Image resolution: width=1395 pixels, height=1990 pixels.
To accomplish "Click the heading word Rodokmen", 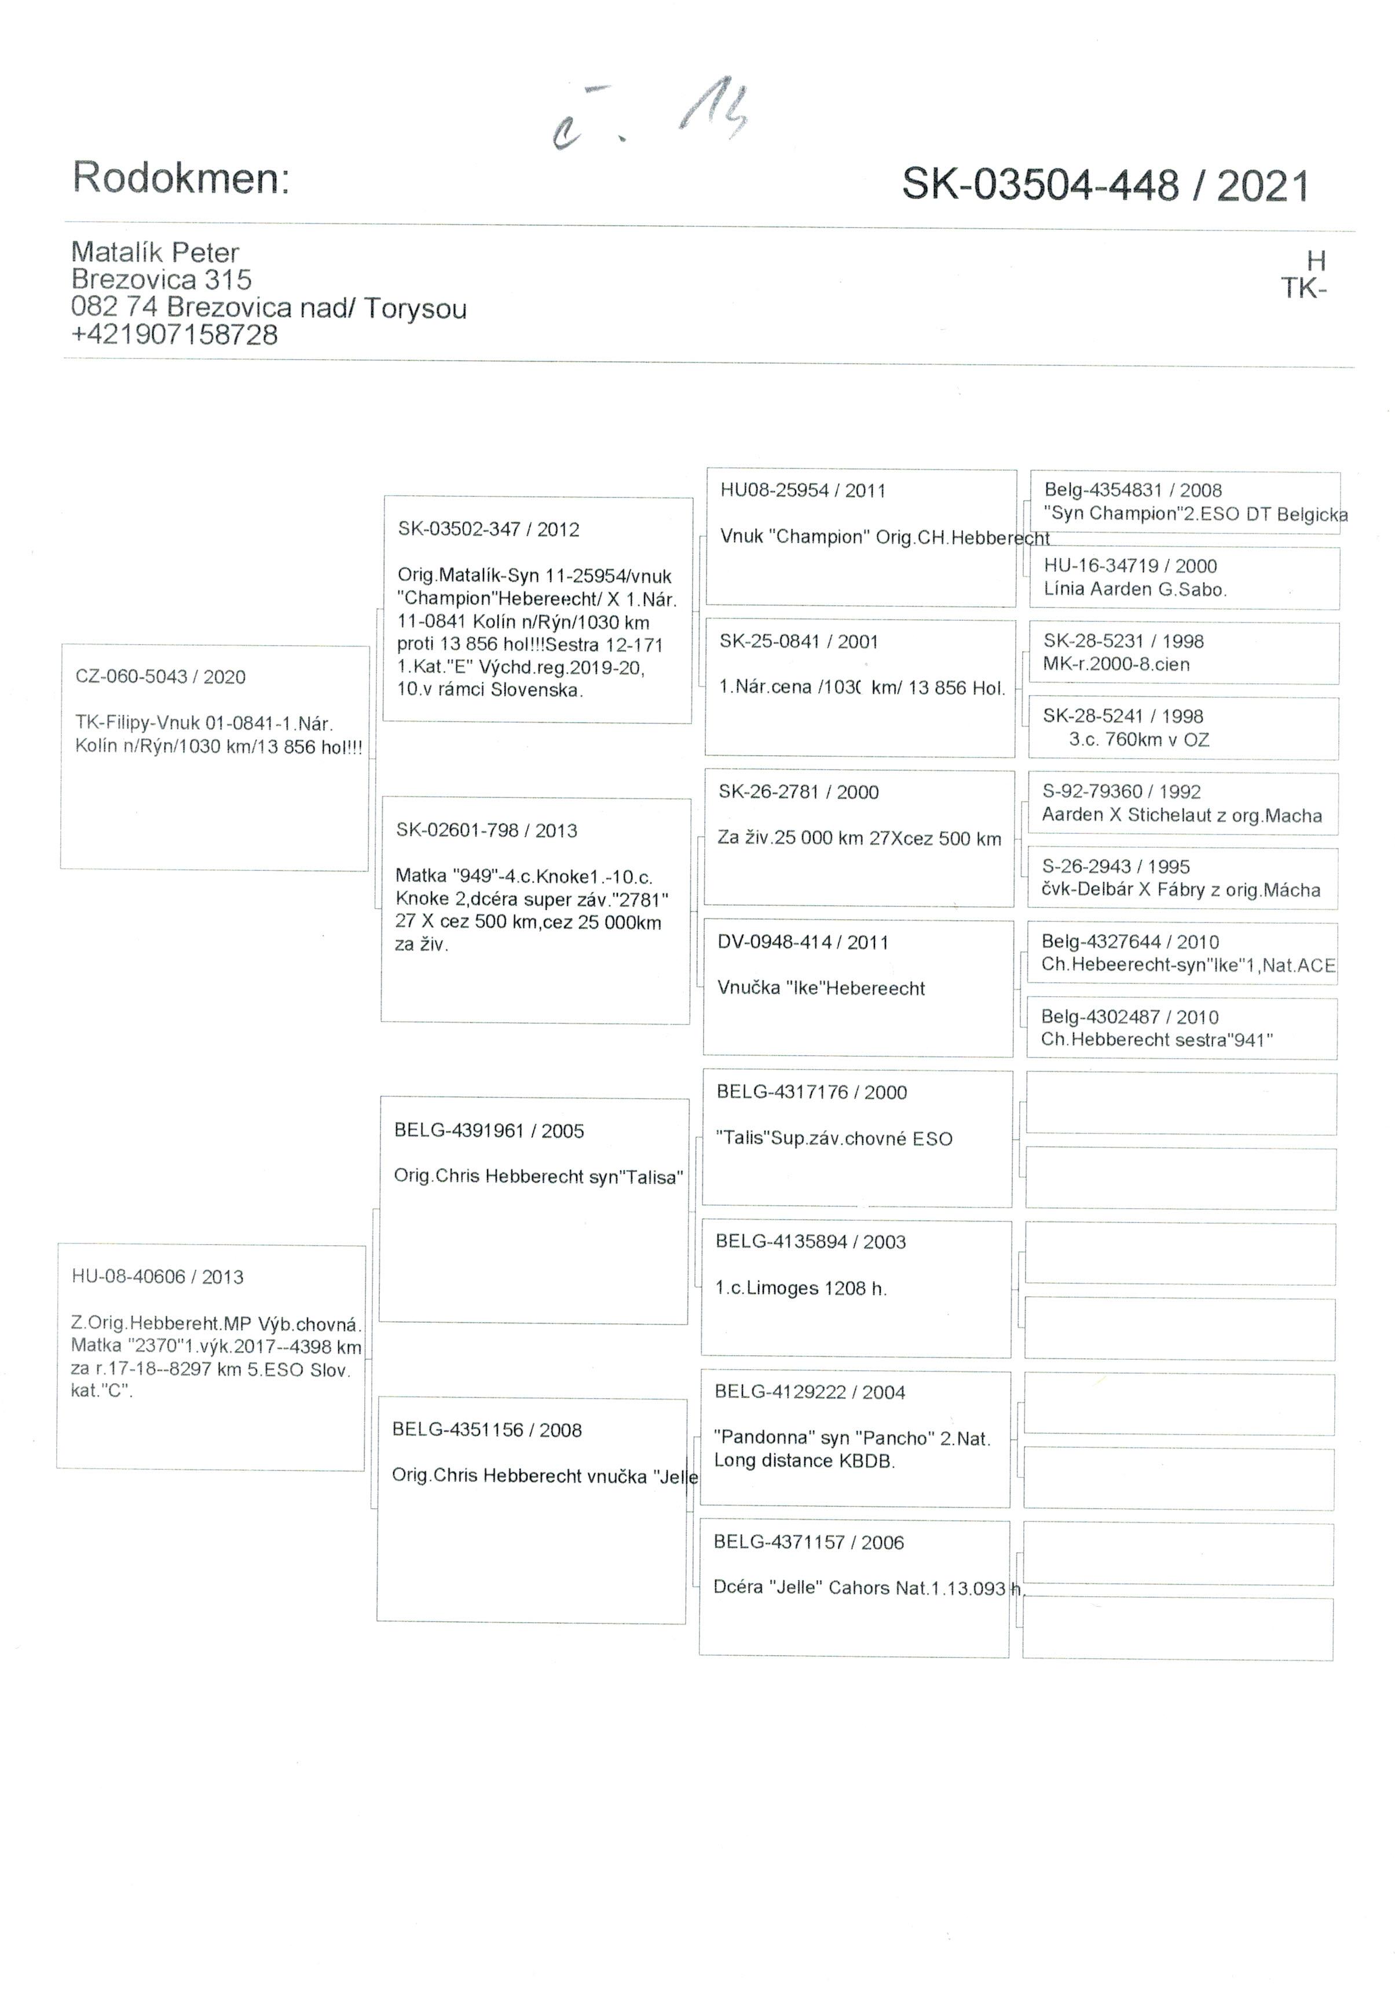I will (x=180, y=178).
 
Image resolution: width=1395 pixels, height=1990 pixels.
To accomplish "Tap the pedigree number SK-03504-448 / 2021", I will (x=1105, y=185).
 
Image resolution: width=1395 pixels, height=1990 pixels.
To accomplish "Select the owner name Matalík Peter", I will (x=155, y=252).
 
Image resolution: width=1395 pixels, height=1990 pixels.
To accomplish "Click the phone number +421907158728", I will (x=174, y=335).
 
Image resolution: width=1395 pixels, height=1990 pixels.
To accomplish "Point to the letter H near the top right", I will (x=1315, y=260).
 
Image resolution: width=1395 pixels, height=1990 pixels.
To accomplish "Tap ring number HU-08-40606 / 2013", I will (x=158, y=1276).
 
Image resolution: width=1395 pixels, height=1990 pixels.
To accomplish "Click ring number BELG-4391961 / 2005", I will (x=489, y=1130).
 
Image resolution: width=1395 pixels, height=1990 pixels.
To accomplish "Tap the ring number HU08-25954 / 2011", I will (x=803, y=491).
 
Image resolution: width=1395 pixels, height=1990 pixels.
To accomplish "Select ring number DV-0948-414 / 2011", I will (x=803, y=942).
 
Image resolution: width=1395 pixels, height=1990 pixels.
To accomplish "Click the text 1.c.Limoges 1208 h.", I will (x=801, y=1288).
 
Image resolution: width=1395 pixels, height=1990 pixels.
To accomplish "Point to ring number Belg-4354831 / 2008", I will (x=1133, y=491).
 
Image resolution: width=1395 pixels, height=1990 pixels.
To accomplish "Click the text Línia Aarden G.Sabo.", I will (x=1134, y=590).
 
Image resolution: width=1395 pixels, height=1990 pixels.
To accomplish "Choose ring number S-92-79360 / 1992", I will (x=1121, y=791).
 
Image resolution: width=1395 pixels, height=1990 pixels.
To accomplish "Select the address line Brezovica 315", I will (x=161, y=279).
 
